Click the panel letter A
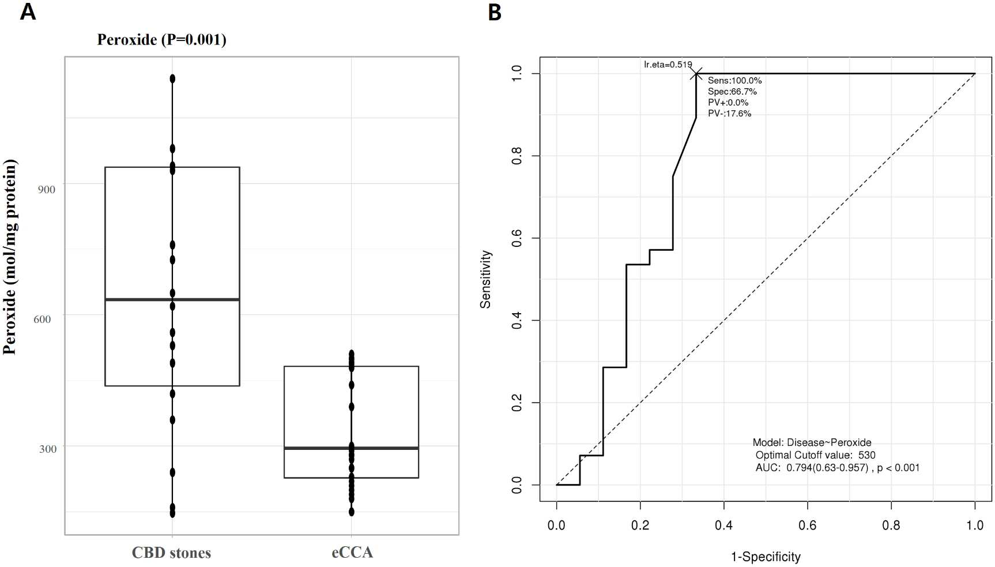pyautogui.click(x=28, y=12)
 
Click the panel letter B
pyautogui.click(x=495, y=12)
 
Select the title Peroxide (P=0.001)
pyautogui.click(x=161, y=39)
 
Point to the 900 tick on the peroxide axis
pyautogui.click(x=47, y=189)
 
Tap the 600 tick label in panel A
pyautogui.click(x=42, y=319)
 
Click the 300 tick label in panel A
pyautogui.click(x=48, y=449)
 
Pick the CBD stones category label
pyautogui.click(x=171, y=553)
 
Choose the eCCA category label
pyautogui.click(x=352, y=552)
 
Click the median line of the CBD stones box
pyautogui.click(x=172, y=299)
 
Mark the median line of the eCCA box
pyautogui.click(x=351, y=448)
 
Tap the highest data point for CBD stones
pyautogui.click(x=172, y=78)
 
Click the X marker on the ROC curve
pyautogui.click(x=696, y=74)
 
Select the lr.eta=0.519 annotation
pyautogui.click(x=668, y=65)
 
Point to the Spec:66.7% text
pyautogui.click(x=732, y=92)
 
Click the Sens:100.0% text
pyautogui.click(x=735, y=81)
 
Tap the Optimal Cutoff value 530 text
pyautogui.click(x=815, y=455)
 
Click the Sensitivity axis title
pyautogui.click(x=486, y=279)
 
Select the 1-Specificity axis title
pyautogui.click(x=766, y=557)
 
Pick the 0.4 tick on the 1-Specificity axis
pyautogui.click(x=723, y=525)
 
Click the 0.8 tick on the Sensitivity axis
pyautogui.click(x=517, y=156)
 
